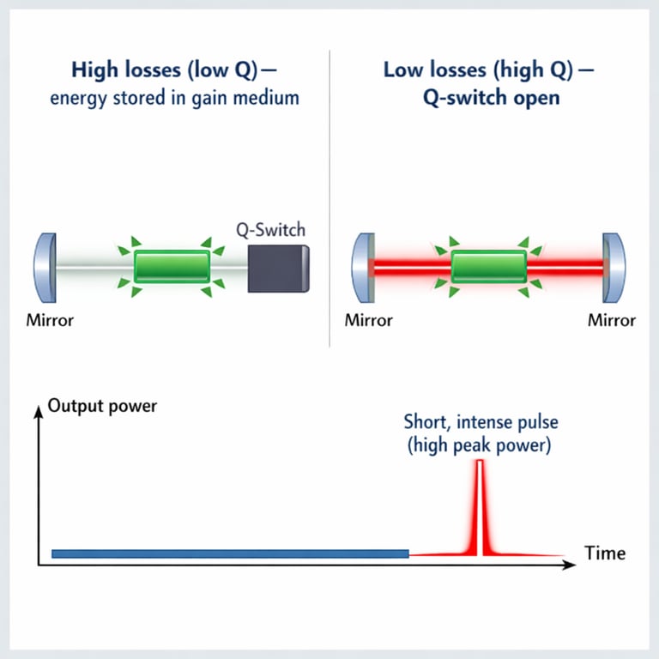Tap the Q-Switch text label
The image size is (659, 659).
pos(270,230)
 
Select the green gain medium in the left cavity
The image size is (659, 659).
pos(172,267)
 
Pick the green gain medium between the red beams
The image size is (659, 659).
pos(488,267)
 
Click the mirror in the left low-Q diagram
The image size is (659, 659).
pos(45,267)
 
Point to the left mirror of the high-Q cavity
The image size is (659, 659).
pos(363,267)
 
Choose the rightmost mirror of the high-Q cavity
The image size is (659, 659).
pos(614,267)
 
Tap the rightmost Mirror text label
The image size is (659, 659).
pos(612,320)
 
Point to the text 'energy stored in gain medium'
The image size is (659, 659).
pos(174,97)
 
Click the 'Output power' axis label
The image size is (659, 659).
pos(103,405)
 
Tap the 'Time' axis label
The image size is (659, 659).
pos(605,553)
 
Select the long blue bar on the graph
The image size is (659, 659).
pos(230,554)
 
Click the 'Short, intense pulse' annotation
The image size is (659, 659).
pos(480,422)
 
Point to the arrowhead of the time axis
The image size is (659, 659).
pos(569,565)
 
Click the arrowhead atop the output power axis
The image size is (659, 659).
pos(38,411)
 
